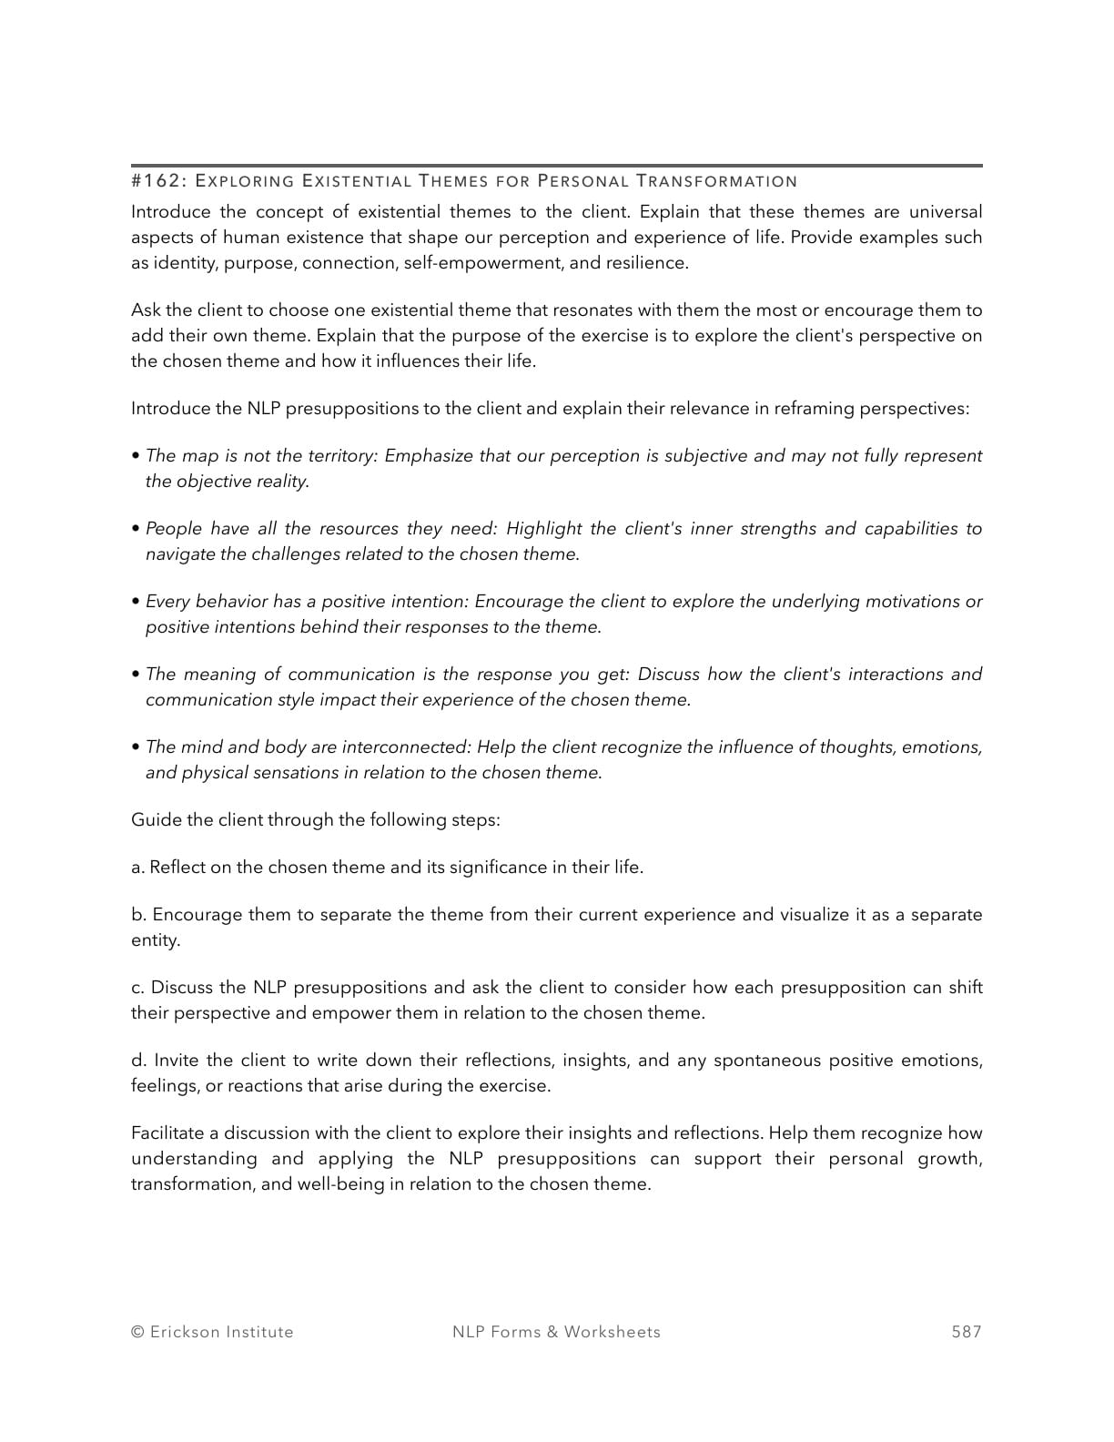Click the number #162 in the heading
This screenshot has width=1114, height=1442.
coord(156,181)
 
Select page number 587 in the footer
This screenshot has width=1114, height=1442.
coord(967,1332)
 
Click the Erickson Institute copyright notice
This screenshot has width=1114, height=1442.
coord(212,1332)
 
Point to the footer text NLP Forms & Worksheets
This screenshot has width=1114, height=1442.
coord(556,1332)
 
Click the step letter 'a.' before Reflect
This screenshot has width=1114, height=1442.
coord(137,868)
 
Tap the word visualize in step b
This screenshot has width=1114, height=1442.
coord(814,915)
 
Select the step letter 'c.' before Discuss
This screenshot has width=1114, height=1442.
coord(137,988)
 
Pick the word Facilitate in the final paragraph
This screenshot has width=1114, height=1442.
coord(167,1133)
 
